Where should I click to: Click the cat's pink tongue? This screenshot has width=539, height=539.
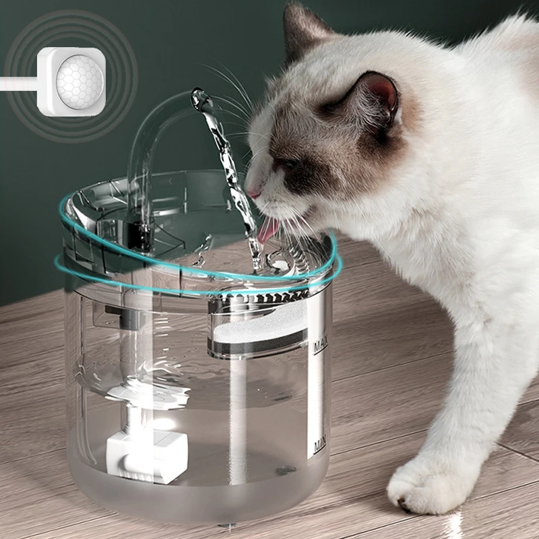click(268, 231)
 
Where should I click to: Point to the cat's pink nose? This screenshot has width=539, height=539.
click(254, 193)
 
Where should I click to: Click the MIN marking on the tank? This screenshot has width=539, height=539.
click(319, 445)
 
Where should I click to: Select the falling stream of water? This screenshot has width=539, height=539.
click(232, 182)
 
